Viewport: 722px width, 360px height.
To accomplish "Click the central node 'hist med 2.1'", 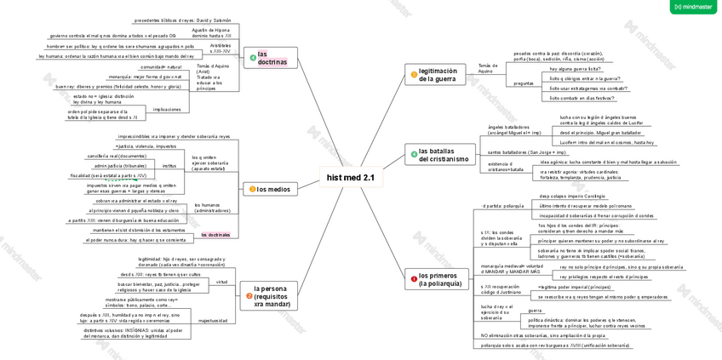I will pos(350,178).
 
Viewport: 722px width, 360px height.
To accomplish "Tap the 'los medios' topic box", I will pos(270,189).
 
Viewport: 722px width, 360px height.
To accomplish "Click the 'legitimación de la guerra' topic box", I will pos(435,75).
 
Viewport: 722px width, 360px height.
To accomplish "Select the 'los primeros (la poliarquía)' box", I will pos(436,279).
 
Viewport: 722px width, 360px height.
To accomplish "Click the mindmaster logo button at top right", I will pos(693,7).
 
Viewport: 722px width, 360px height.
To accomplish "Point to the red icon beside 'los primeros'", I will pos(412,276).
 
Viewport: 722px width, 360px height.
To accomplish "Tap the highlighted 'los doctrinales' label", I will pos(215,235).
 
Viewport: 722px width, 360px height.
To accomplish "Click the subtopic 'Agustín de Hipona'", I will pos(210,33).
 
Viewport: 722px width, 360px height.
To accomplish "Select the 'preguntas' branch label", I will pos(524,83).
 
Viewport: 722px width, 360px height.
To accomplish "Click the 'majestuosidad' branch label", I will pos(213,321).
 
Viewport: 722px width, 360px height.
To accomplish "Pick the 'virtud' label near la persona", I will pos(221,282).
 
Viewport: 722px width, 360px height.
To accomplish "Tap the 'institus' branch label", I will pos(169,166).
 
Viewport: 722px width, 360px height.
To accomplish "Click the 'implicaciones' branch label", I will pos(167,109).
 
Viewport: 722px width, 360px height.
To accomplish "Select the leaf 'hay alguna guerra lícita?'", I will pos(575,69).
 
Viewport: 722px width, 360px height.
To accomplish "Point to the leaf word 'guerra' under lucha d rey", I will pos(535,311).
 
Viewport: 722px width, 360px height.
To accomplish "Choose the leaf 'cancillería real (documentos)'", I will pos(117,157).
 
